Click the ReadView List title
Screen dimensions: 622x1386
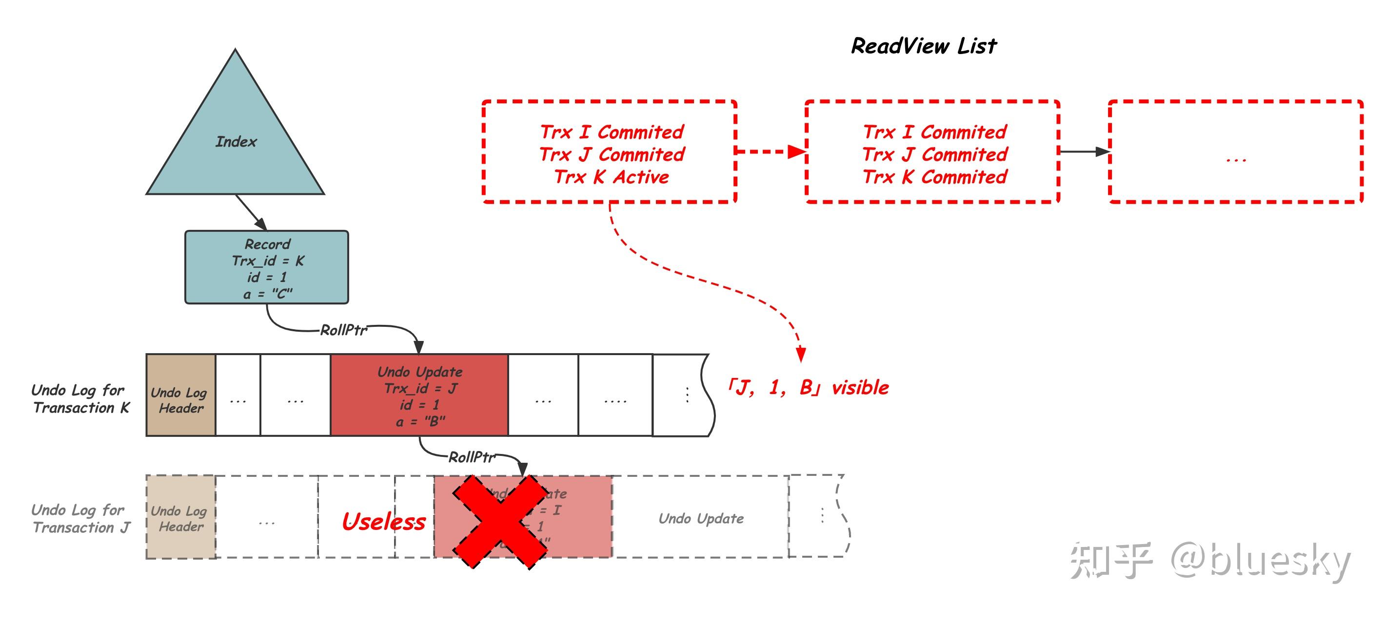[x=923, y=46]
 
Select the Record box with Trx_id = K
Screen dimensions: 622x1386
[x=267, y=267]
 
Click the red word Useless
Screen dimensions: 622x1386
[x=383, y=522]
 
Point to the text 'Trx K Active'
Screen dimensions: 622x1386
[x=611, y=177]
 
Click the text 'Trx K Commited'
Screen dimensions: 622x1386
[x=934, y=177]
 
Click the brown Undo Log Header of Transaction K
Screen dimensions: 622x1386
[x=181, y=395]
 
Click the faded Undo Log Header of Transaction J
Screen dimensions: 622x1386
[x=181, y=517]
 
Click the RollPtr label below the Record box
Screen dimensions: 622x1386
[x=343, y=330]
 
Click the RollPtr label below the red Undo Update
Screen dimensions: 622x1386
[x=471, y=457]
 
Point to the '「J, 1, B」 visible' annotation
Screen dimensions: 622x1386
[x=807, y=388]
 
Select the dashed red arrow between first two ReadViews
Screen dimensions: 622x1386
[x=770, y=151]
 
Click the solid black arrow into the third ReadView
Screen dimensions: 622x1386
[x=1084, y=151]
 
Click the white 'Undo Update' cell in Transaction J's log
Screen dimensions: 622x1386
[x=700, y=518]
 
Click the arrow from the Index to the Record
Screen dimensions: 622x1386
[x=251, y=212]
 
